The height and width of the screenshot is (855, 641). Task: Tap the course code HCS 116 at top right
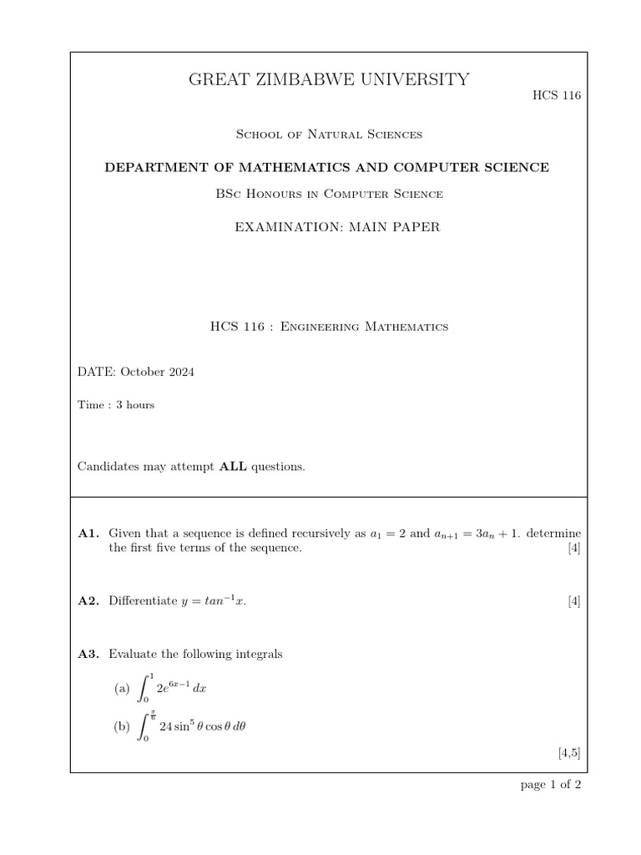pos(556,95)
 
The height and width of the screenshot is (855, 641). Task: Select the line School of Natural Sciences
pos(326,134)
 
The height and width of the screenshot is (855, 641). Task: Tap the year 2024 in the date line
pos(179,372)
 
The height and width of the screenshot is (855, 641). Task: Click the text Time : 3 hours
pos(116,405)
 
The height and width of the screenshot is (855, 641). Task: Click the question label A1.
pos(88,533)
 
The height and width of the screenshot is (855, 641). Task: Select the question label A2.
pos(88,600)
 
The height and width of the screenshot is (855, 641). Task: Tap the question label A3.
pos(88,654)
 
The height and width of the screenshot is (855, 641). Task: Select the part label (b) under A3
pos(122,727)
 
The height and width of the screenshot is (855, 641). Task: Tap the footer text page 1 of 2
pos(550,786)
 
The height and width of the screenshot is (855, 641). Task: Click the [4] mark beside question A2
pos(573,600)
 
